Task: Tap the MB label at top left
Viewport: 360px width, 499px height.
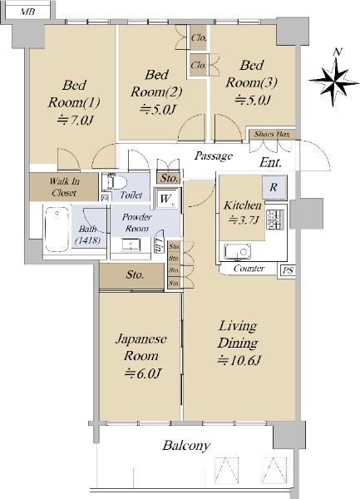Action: (x=27, y=12)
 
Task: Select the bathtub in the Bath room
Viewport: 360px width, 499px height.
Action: (x=57, y=230)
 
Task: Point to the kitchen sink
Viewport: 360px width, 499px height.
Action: (x=237, y=252)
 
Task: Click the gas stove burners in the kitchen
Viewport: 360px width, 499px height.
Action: (x=274, y=220)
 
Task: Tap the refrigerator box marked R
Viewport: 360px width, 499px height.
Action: (x=274, y=187)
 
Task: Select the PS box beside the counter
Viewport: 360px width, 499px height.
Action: (x=288, y=270)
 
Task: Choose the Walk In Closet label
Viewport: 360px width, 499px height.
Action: (x=64, y=187)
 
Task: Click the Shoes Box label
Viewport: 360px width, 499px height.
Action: (x=272, y=135)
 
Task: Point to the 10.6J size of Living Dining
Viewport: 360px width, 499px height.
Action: (x=239, y=360)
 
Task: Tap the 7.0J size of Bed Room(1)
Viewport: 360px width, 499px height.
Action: (x=76, y=121)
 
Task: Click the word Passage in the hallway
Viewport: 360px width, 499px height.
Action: (x=214, y=156)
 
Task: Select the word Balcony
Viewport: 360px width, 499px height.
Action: (x=186, y=445)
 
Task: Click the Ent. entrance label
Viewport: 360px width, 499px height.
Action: (x=270, y=163)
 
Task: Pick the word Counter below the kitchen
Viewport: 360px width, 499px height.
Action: (x=249, y=269)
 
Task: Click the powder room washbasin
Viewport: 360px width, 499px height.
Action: (x=131, y=245)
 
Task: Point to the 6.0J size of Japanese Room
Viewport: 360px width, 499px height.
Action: (x=143, y=373)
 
